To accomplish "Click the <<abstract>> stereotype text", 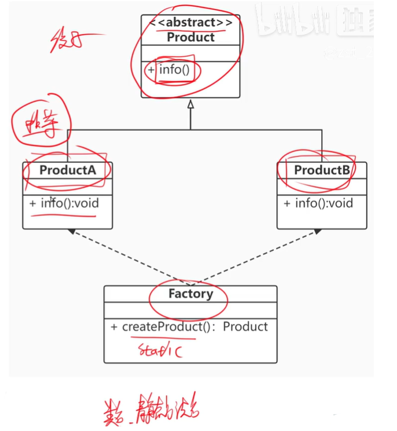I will click(190, 23).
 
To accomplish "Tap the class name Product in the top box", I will click(190, 37).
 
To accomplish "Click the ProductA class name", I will click(67, 170).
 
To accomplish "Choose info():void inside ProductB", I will click(324, 203).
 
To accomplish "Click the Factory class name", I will click(190, 294).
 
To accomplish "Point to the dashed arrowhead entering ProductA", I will click(71, 231).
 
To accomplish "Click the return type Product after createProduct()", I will click(245, 327).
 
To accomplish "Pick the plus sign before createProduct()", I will click(115, 327).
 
